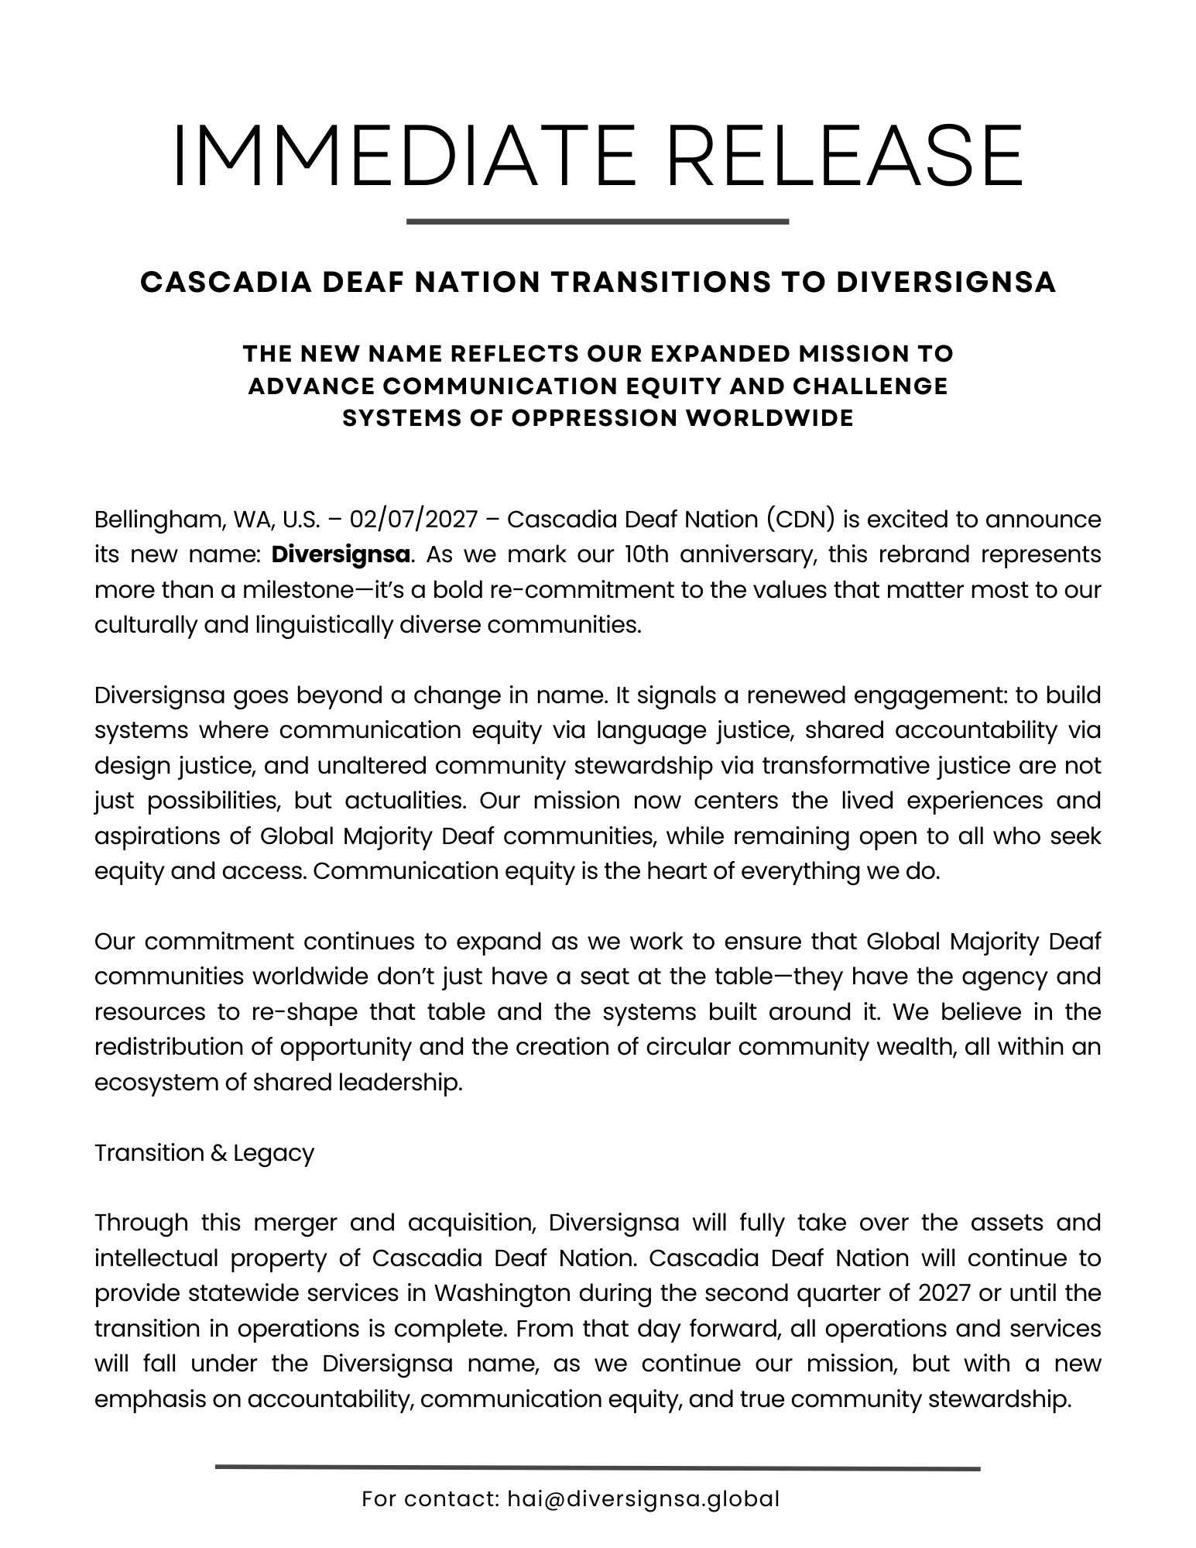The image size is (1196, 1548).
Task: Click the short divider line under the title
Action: point(597,221)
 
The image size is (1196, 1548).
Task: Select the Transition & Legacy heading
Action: point(204,1153)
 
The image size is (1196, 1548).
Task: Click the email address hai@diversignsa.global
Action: point(643,1499)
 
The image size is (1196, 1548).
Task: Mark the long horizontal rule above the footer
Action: point(597,1467)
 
